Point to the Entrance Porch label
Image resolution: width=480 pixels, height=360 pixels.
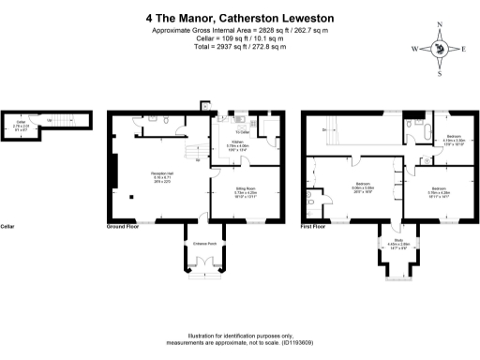click(205, 244)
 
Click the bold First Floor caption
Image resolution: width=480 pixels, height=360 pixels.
click(314, 227)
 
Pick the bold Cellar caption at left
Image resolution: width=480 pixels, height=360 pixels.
click(8, 227)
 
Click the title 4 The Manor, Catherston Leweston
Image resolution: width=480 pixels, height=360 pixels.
click(240, 16)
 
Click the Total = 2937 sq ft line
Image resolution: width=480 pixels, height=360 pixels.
click(240, 46)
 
